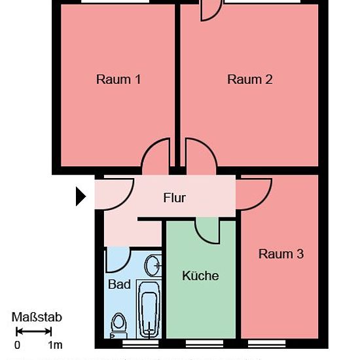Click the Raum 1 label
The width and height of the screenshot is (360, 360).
(118, 79)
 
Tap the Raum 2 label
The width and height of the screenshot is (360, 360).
(250, 79)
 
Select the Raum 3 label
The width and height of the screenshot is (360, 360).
(281, 254)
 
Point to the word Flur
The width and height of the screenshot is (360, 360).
(175, 198)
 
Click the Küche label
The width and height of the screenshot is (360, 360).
(200, 276)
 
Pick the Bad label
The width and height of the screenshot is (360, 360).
(119, 284)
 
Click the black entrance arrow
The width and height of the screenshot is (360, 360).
(81, 196)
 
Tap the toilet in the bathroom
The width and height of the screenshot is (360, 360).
(118, 325)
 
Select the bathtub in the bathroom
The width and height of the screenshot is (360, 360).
(149, 309)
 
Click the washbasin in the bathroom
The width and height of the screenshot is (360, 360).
(153, 265)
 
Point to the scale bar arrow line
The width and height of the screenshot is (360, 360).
(34, 332)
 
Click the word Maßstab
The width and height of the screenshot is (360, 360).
(37, 317)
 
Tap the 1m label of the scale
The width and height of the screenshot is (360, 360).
(55, 345)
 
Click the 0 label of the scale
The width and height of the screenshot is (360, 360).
(17, 345)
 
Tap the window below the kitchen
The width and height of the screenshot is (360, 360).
(204, 344)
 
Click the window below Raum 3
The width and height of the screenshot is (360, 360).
(267, 344)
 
